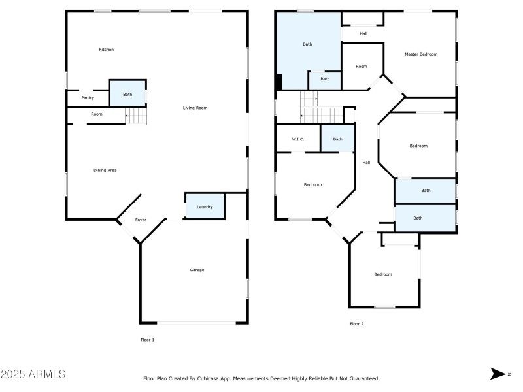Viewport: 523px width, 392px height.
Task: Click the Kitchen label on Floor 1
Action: [107, 50]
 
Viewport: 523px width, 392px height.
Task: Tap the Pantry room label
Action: [88, 98]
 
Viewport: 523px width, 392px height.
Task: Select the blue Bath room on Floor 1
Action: [127, 94]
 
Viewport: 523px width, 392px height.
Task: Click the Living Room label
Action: [195, 108]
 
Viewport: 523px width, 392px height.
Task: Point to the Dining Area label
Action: [105, 170]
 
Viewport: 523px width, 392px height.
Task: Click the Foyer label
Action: [141, 220]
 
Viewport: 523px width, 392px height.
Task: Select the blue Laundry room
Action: [205, 206]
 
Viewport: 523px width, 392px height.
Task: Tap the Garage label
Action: [197, 270]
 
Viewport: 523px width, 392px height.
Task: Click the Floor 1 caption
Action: [148, 340]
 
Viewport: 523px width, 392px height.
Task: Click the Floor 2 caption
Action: [356, 324]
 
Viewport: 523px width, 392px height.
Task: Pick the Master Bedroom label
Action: [420, 54]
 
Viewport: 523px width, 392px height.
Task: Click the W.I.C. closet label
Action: [297, 139]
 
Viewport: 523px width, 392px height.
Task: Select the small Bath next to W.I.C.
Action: [337, 139]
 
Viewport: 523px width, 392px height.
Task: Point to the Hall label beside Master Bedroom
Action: [363, 33]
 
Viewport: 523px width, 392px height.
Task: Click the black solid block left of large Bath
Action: [278, 82]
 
